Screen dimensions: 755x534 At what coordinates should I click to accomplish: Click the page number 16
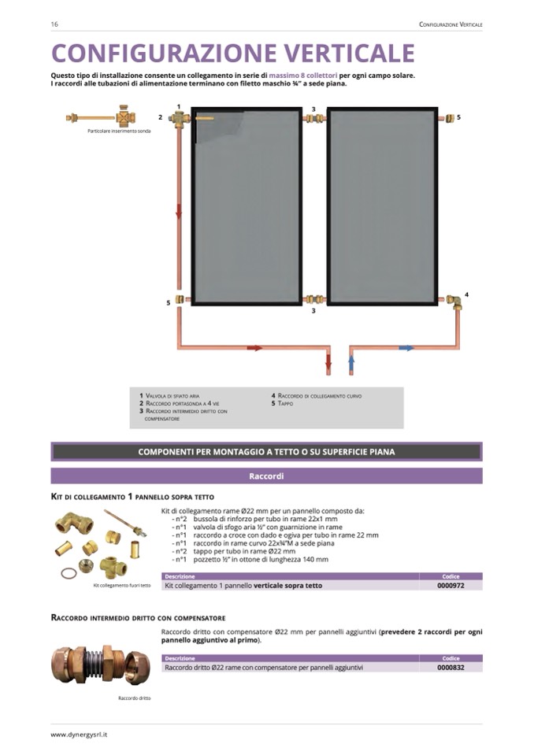pos(54,24)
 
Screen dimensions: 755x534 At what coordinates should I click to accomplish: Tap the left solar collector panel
pos(247,206)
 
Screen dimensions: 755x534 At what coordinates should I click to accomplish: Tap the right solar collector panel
pos(382,206)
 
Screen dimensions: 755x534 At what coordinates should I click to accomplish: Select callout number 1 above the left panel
pos(179,106)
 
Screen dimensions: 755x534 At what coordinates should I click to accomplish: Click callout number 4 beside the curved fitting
pos(466,294)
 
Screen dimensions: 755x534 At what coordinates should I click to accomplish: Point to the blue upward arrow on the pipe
pos(351,364)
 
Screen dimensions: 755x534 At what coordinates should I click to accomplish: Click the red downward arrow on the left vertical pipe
pos(179,211)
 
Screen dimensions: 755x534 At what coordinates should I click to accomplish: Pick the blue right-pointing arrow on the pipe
pos(406,347)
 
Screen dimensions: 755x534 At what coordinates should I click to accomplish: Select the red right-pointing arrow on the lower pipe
pos(254,347)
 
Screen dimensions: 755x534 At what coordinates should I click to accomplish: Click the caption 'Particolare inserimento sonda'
pos(119,131)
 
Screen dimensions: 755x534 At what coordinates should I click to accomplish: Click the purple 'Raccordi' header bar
pos(266,476)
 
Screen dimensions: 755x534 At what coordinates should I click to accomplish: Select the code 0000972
pos(451,585)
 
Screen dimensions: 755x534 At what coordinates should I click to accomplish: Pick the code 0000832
pos(451,667)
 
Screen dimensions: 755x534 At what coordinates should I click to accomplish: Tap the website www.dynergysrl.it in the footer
pos(79,734)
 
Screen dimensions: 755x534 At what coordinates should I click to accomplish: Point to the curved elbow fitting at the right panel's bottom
pos(455,302)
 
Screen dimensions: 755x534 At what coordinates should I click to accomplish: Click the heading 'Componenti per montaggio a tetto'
pos(266,452)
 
